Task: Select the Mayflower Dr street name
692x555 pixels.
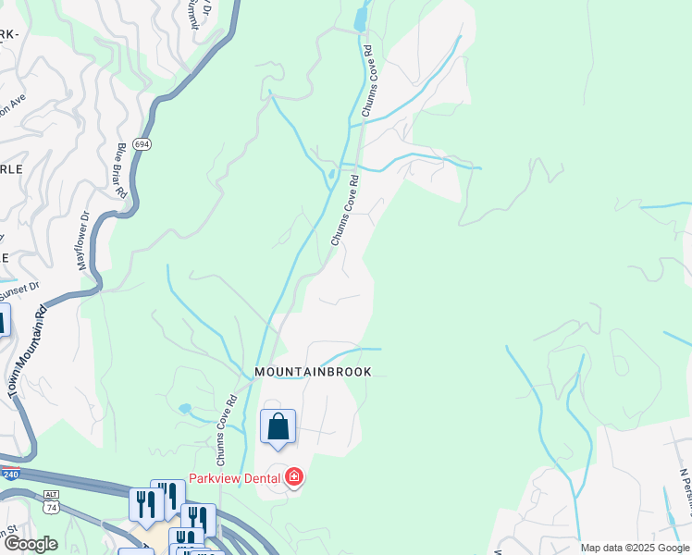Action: tap(83, 240)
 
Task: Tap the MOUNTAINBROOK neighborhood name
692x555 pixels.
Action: tap(313, 372)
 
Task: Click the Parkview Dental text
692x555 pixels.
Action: tap(236, 478)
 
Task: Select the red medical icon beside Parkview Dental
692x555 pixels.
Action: tap(294, 477)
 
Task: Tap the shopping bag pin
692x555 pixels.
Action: tap(278, 427)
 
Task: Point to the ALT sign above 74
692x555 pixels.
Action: tap(51, 495)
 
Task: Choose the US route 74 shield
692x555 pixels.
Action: tap(51, 508)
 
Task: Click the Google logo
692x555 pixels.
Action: tap(31, 544)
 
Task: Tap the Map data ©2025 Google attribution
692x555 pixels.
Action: tap(635, 548)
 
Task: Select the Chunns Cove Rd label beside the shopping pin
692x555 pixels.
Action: tap(228, 430)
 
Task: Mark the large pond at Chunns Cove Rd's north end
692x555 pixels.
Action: tap(360, 18)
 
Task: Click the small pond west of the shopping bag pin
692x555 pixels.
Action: tap(185, 408)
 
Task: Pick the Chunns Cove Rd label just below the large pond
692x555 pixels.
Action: tap(367, 80)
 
